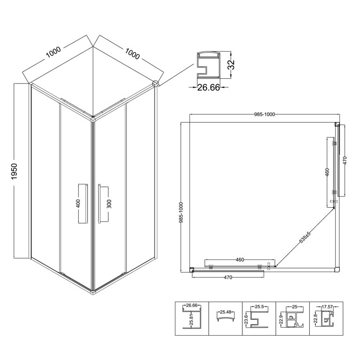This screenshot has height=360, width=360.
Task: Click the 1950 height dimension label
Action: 14,171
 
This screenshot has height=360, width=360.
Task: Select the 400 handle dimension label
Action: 78,203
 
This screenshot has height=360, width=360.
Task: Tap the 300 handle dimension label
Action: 109,204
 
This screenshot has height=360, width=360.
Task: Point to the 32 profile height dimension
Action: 231,64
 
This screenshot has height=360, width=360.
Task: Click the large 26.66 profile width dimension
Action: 208,87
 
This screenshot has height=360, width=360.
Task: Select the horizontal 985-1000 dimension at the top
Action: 265,114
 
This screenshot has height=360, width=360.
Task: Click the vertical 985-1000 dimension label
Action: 181,213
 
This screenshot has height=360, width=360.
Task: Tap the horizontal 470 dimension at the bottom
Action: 228,277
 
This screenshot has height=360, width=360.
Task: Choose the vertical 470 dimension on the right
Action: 345,160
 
